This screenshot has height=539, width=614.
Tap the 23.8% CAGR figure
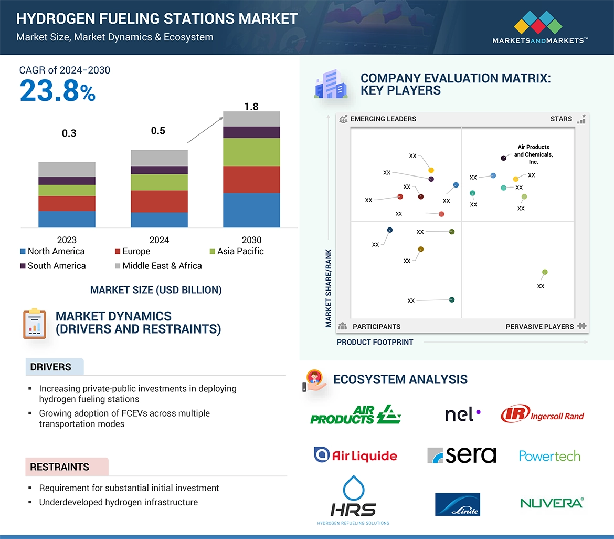(58, 91)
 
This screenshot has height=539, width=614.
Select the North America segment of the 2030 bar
(251, 210)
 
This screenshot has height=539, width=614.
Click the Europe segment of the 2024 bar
(159, 201)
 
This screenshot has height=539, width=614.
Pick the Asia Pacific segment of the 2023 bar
(67, 190)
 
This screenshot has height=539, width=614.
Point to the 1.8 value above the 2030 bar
(251, 107)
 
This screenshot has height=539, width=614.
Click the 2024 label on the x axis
(159, 240)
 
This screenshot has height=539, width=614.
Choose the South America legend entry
(52, 266)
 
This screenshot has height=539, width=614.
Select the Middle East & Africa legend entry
(158, 266)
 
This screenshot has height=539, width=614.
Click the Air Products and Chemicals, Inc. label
(533, 154)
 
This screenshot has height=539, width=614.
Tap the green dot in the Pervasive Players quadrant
(545, 272)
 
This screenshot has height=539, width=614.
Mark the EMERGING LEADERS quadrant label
(383, 119)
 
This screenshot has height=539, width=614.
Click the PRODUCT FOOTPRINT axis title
(375, 342)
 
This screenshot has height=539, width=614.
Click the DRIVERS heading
(51, 367)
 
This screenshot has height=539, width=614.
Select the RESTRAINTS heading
(59, 467)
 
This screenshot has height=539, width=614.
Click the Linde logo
(457, 504)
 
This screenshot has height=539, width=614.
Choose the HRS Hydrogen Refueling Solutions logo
(353, 501)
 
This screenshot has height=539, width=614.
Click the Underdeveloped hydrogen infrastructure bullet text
(118, 502)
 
